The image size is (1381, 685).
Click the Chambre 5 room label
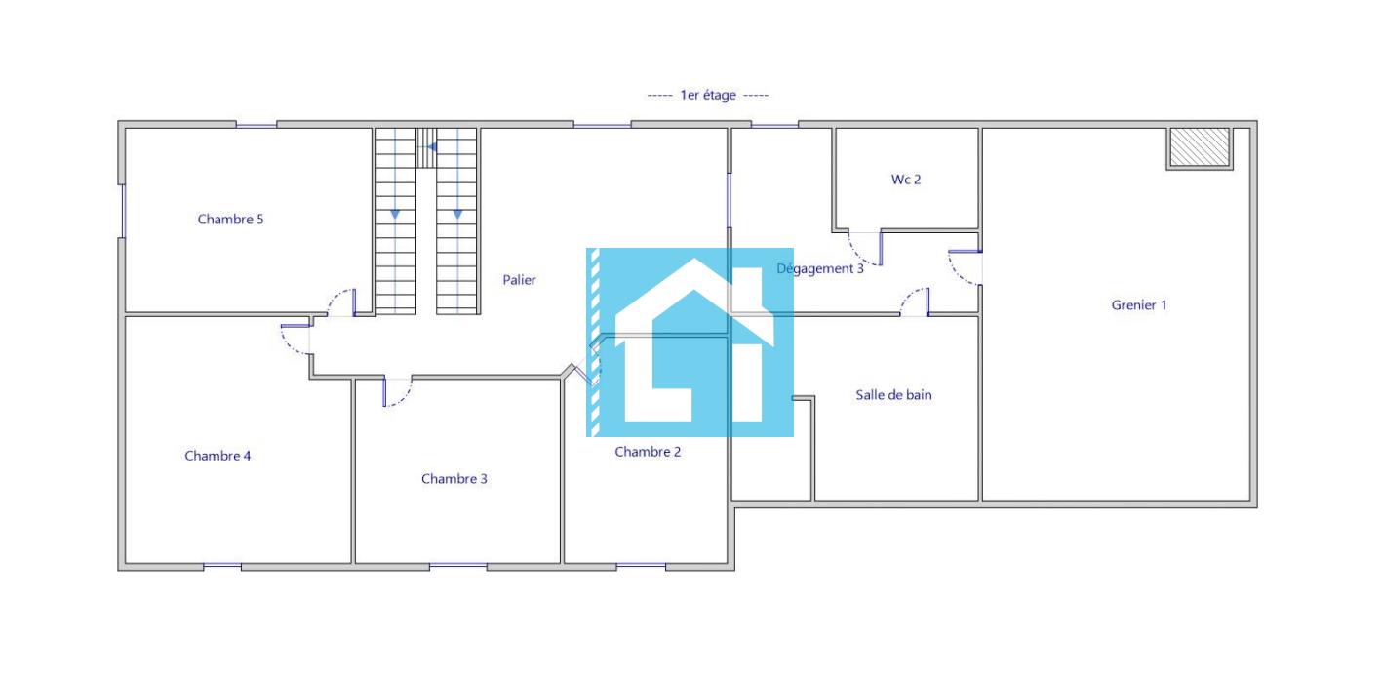(230, 220)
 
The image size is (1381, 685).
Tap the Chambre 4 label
(217, 456)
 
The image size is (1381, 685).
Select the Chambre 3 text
(454, 479)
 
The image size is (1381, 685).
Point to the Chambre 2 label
(648, 452)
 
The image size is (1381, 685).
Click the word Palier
(519, 280)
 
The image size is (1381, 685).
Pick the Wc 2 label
(906, 180)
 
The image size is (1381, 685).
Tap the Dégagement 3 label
(820, 268)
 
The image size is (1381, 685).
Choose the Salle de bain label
(893, 395)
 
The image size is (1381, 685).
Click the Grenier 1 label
(1139, 305)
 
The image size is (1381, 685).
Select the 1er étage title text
(708, 95)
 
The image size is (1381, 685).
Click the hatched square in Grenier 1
(1200, 148)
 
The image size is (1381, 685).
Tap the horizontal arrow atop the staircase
(432, 147)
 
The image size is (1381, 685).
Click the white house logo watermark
(694, 341)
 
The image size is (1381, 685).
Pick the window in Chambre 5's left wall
(123, 211)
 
